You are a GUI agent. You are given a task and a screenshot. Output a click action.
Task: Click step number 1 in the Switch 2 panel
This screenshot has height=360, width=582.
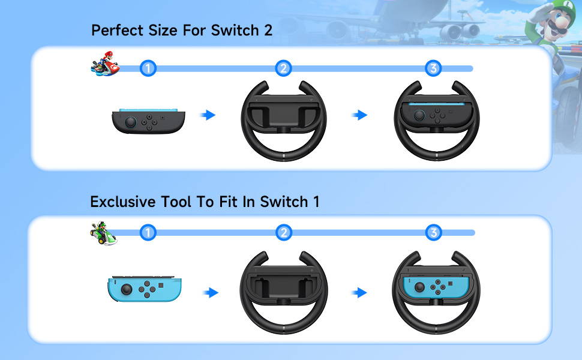(x=148, y=68)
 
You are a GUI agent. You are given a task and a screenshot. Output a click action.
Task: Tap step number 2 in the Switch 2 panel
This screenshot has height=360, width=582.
(x=284, y=68)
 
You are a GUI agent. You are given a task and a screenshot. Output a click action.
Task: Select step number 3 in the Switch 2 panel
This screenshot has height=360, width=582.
(x=433, y=68)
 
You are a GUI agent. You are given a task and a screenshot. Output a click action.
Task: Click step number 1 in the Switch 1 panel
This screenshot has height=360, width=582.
(x=148, y=233)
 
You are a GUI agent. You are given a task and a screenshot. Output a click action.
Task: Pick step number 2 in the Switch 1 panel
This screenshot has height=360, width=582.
(x=284, y=233)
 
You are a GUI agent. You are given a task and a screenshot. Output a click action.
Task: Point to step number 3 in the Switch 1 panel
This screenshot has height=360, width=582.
(x=434, y=233)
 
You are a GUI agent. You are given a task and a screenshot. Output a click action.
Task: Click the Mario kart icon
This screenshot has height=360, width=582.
(x=105, y=64)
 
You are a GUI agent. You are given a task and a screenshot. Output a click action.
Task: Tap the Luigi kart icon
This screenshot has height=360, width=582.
(x=104, y=233)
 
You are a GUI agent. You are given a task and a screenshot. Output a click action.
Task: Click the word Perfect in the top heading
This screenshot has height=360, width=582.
(x=118, y=30)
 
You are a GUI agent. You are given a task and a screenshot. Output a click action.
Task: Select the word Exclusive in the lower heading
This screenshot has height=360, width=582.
(x=123, y=202)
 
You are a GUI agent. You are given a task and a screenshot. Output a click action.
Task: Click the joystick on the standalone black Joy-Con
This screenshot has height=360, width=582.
(x=131, y=122)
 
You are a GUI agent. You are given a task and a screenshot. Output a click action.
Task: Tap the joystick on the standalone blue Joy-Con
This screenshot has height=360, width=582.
(x=127, y=289)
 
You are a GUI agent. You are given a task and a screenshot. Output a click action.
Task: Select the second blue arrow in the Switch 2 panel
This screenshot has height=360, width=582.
(x=359, y=115)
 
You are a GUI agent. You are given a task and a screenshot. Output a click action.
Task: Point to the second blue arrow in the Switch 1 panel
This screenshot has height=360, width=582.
(x=359, y=292)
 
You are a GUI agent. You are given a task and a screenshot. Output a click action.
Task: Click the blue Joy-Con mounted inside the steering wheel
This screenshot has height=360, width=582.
(x=434, y=287)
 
